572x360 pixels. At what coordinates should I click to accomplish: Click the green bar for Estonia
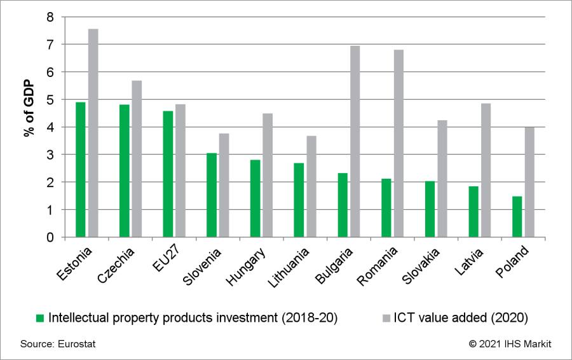[x=81, y=169]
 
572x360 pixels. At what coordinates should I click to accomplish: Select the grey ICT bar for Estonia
[x=93, y=133]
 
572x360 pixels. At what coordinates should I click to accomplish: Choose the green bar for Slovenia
[x=211, y=195]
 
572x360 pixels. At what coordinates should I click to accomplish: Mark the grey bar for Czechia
[x=137, y=158]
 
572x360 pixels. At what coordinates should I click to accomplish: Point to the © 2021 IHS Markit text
[x=510, y=344]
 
